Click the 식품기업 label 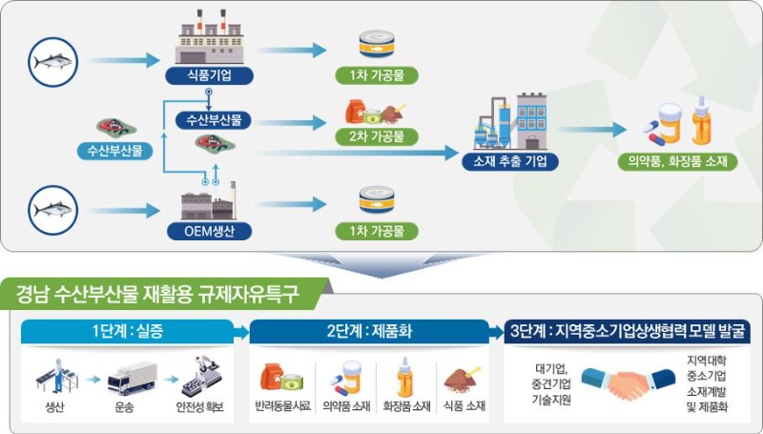pyautogui.click(x=209, y=75)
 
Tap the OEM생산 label pyautogui.click(x=209, y=231)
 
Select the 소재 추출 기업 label pyautogui.click(x=510, y=161)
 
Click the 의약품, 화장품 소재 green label pyautogui.click(x=677, y=161)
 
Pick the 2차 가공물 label pyautogui.click(x=377, y=136)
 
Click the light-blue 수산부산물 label pyautogui.click(x=114, y=151)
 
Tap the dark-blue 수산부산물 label pyautogui.click(x=214, y=119)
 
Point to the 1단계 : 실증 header pyautogui.click(x=128, y=331)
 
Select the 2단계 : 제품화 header pyautogui.click(x=369, y=331)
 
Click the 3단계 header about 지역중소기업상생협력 pyautogui.click(x=628, y=331)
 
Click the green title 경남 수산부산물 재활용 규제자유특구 pyautogui.click(x=156, y=294)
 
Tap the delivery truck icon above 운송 pyautogui.click(x=132, y=378)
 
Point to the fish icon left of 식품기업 pyautogui.click(x=53, y=62)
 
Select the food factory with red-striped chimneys pyautogui.click(x=209, y=37)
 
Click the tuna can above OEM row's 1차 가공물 pyautogui.click(x=377, y=199)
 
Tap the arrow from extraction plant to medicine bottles pyautogui.click(x=590, y=130)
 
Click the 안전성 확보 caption pyautogui.click(x=200, y=406)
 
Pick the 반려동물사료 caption pyautogui.click(x=282, y=405)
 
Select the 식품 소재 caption pyautogui.click(x=464, y=405)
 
